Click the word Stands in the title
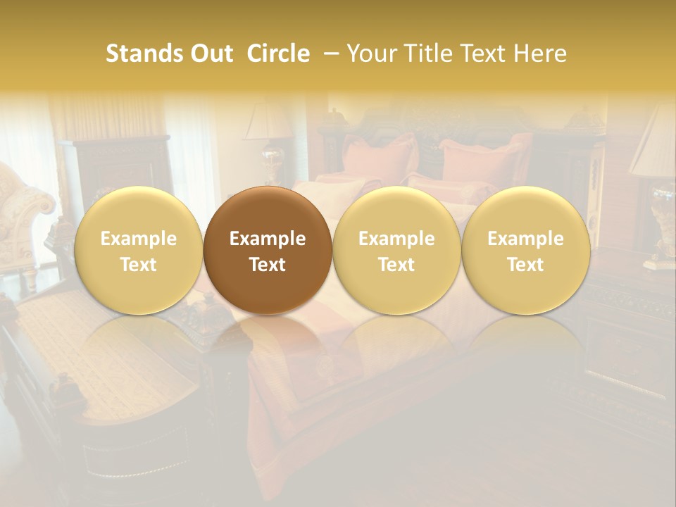(x=140, y=54)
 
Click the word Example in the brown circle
(x=268, y=239)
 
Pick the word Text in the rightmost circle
(x=526, y=265)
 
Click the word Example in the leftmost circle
(x=138, y=239)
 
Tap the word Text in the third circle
(x=396, y=265)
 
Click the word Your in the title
(x=370, y=54)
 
